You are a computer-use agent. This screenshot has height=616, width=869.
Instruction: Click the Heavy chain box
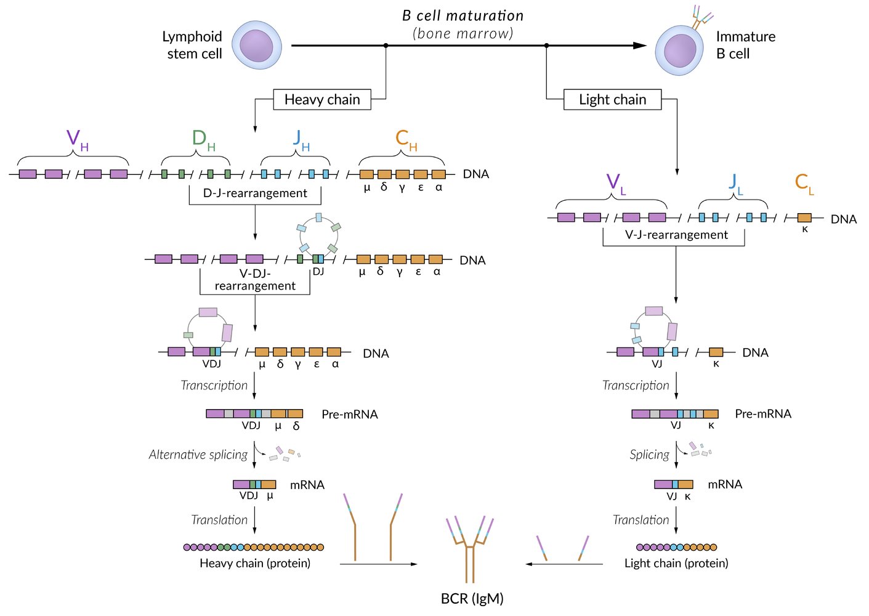click(x=322, y=100)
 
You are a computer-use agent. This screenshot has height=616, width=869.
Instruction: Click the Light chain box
click(x=612, y=100)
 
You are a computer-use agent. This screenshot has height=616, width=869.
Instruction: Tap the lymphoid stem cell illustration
click(x=257, y=45)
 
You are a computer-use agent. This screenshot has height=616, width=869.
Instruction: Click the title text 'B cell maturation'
click(x=463, y=16)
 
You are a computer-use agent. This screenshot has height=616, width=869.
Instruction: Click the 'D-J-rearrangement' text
click(x=255, y=193)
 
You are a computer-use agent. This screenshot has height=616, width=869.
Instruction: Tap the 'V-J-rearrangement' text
click(x=676, y=235)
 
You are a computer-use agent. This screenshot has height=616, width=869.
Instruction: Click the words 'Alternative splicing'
click(x=198, y=455)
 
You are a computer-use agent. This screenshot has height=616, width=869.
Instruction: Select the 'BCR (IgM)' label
click(x=472, y=599)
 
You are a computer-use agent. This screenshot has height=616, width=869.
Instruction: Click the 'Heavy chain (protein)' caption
click(x=255, y=563)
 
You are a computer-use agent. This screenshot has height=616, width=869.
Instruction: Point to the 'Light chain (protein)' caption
click(x=676, y=563)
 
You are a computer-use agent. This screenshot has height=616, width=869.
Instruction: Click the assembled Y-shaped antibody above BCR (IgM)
click(x=470, y=545)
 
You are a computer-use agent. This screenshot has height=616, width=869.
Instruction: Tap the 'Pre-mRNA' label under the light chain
click(x=763, y=414)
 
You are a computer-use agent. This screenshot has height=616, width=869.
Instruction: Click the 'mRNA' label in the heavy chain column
click(x=307, y=485)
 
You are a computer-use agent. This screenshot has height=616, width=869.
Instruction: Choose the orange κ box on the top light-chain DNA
click(x=804, y=217)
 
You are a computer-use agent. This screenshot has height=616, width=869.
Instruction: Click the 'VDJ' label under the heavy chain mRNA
click(x=248, y=496)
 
